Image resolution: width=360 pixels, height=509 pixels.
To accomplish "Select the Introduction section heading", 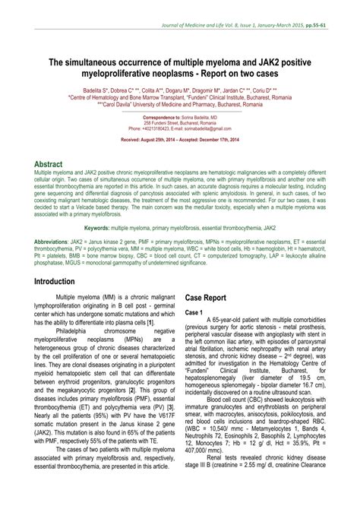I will click(60, 259).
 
